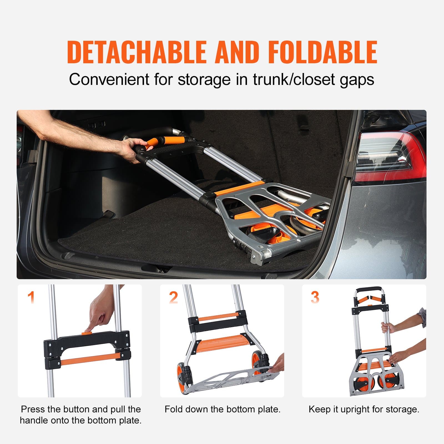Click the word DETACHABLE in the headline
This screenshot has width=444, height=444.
pyautogui.click(x=137, y=52)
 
